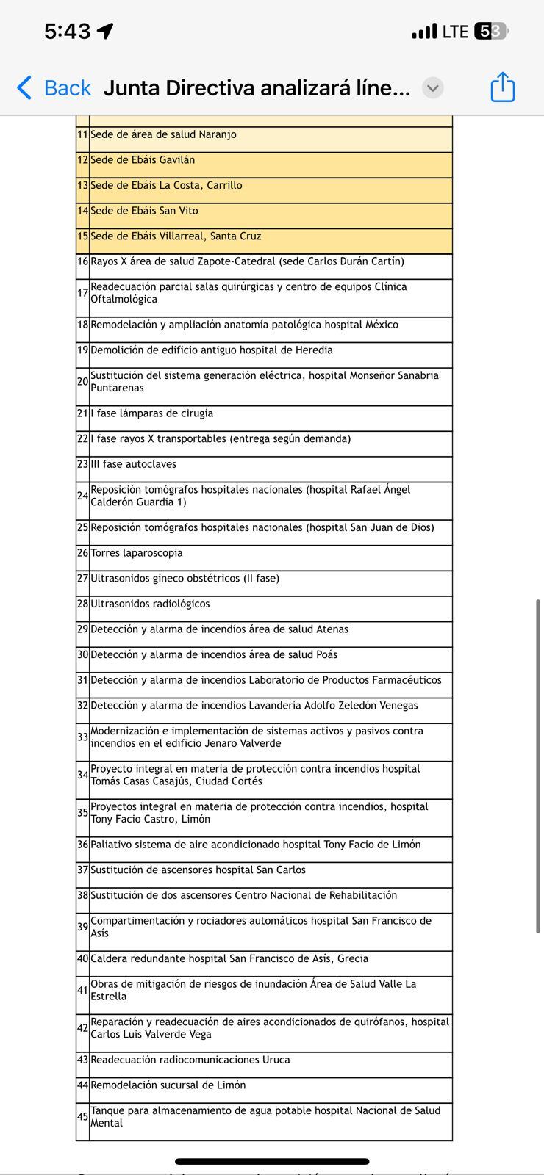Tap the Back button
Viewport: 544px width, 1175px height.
coord(54,88)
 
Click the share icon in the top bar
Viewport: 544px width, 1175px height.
coord(503,87)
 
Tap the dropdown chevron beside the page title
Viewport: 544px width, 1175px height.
coord(433,88)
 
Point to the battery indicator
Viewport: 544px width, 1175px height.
coord(491,32)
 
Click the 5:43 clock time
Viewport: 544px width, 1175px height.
coord(67,32)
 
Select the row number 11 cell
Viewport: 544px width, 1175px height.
coord(82,135)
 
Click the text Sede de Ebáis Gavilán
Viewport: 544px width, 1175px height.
coord(143,160)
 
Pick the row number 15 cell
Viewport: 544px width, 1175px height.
coord(82,236)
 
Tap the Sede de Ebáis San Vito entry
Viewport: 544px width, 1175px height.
coord(144,211)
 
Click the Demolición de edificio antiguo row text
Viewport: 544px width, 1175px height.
coord(212,350)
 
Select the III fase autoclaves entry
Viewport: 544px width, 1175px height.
coord(133,464)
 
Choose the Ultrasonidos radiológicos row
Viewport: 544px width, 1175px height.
coord(150,604)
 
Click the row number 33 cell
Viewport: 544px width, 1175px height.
coord(82,737)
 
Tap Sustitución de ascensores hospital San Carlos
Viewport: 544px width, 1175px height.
coord(198,870)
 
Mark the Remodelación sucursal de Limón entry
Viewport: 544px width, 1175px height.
coord(168,1085)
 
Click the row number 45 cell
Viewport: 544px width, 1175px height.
coord(82,1117)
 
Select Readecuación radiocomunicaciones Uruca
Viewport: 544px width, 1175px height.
coord(190,1060)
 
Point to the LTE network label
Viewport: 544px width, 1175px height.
coord(455,32)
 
